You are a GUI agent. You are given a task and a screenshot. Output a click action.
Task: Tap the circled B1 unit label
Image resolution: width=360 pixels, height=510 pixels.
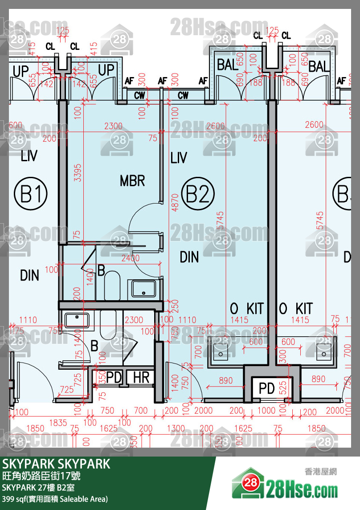pos(30,195)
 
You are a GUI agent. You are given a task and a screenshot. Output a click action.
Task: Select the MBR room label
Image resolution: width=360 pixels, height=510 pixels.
pos(132,181)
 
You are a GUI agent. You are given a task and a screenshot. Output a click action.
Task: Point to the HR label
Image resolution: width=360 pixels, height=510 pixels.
pos(141,378)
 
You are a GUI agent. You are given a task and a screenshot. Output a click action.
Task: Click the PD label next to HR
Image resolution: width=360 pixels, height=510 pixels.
pos(114,378)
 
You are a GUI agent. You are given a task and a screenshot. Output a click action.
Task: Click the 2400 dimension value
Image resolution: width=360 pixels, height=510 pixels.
pos(130,258)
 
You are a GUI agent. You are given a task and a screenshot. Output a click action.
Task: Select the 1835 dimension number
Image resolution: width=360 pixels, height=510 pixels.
pos(58,423)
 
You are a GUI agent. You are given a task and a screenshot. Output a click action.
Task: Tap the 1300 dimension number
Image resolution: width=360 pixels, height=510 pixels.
pos(176,429)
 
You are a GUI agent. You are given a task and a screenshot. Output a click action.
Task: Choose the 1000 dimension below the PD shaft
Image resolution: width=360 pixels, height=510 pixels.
pos(267,411)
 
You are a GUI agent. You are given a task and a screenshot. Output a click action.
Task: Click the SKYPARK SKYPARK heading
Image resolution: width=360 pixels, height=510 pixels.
pos(56,464)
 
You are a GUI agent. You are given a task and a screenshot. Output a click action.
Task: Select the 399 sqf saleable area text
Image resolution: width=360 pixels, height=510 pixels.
pos(55,499)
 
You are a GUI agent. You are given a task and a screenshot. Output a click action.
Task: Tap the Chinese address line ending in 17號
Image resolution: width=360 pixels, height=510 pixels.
pos(41,476)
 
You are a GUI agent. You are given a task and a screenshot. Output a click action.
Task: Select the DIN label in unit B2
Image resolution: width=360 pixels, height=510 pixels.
pos(189,257)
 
